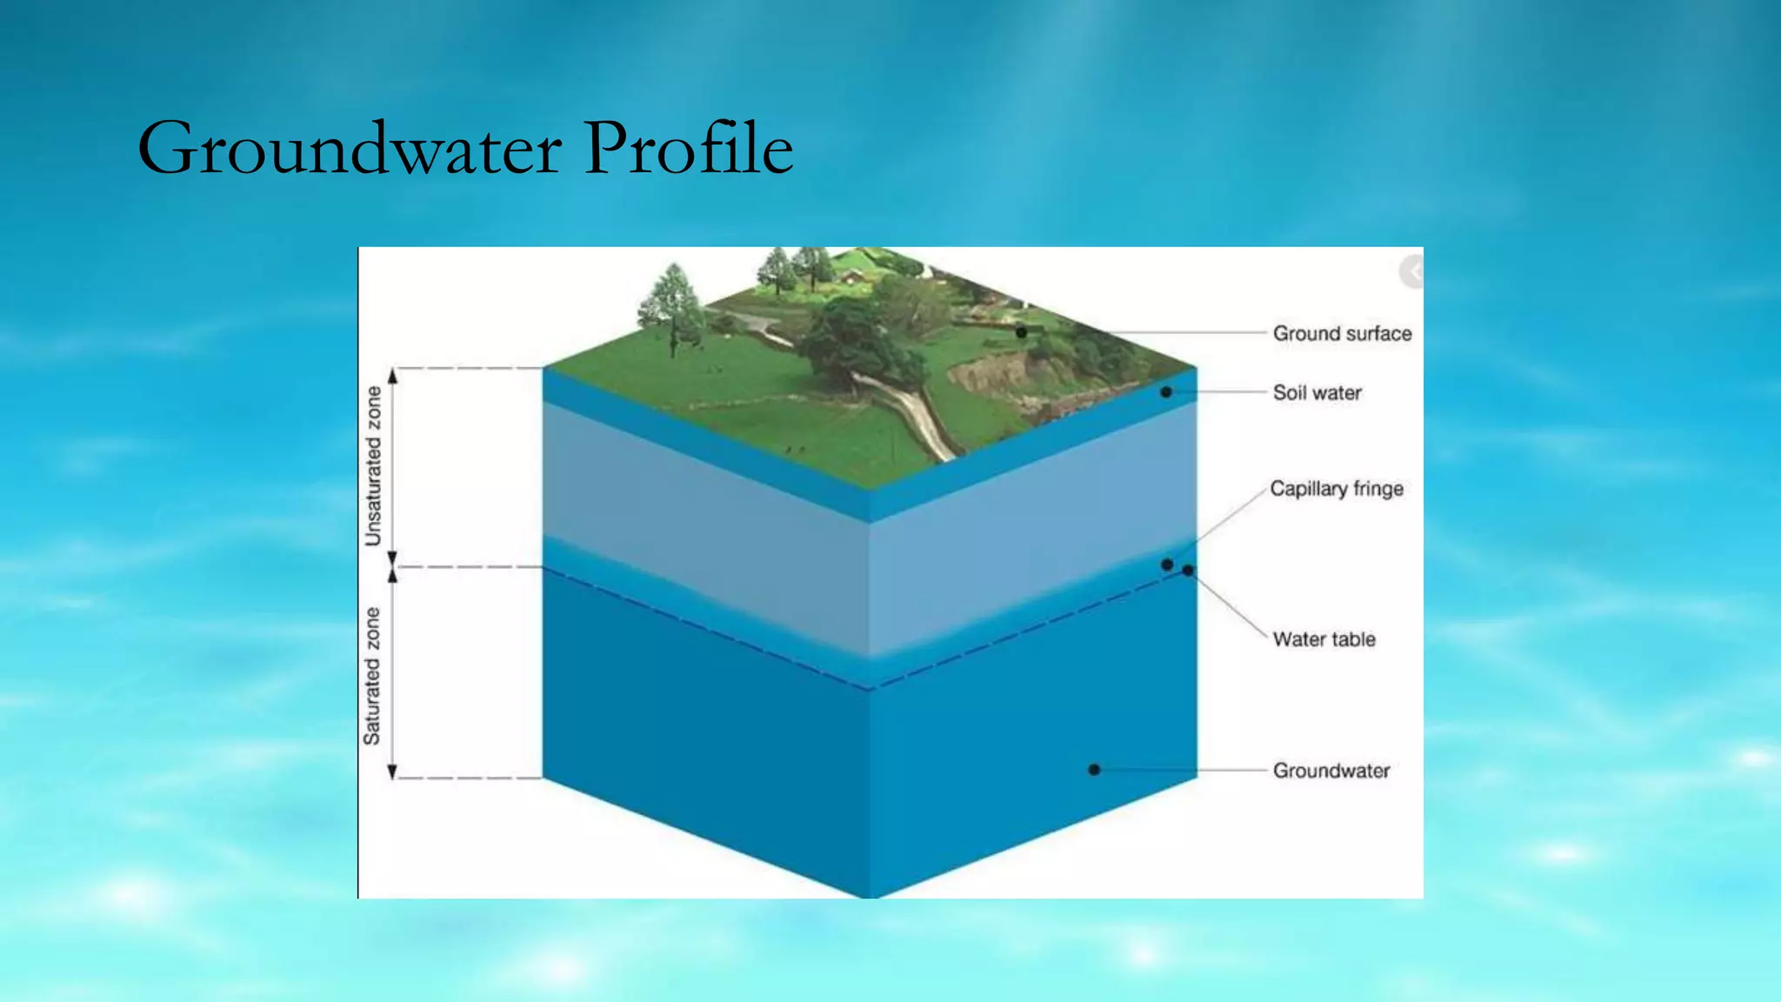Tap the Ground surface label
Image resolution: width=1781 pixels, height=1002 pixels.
coord(1342,333)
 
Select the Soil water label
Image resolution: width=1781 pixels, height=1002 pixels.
coord(1317,392)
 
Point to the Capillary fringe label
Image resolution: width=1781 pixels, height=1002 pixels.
coord(1336,489)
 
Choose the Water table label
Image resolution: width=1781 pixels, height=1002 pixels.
coord(1324,639)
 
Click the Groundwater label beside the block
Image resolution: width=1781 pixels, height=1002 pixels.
coord(1331,771)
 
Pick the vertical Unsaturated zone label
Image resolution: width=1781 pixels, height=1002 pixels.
coord(373,466)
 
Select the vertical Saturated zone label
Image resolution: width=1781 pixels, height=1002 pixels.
coord(372,676)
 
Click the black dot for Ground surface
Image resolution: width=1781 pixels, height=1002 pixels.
coord(1021,332)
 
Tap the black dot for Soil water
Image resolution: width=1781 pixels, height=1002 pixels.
coord(1166,392)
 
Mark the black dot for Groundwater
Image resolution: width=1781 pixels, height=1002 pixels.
coord(1094,770)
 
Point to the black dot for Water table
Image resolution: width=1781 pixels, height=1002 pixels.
coord(1188,571)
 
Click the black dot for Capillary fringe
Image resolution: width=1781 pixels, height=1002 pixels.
coord(1167,564)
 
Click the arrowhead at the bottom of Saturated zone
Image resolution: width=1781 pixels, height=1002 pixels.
coord(392,772)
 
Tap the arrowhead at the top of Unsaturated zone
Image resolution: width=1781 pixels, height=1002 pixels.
coord(392,376)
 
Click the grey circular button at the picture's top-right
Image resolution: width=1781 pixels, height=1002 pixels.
coord(1411,272)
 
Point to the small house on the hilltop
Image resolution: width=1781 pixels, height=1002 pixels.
coord(853,276)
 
